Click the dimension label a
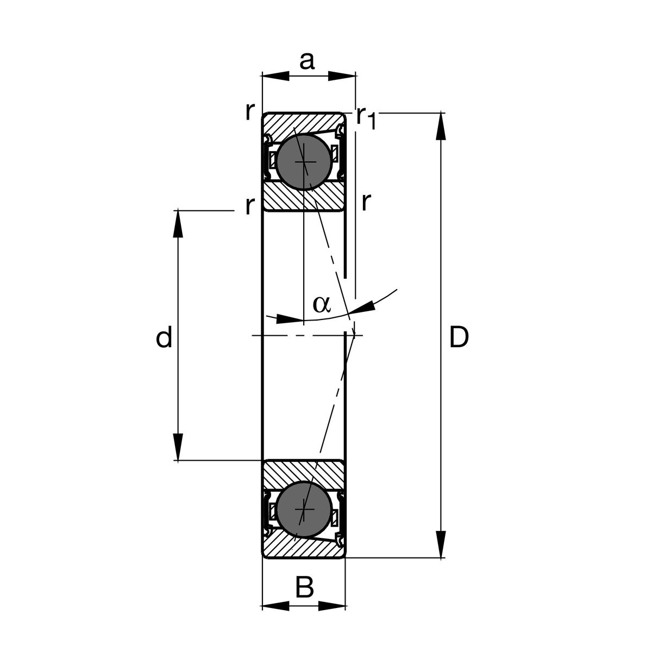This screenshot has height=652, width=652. point(307,61)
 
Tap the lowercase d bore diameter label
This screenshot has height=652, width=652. point(164,338)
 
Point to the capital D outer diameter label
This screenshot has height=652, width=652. point(459,338)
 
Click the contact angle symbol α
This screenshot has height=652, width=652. point(321,304)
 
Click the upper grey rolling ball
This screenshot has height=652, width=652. point(303,162)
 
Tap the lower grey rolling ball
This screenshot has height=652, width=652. point(303,510)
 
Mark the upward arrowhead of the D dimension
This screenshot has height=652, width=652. point(441,127)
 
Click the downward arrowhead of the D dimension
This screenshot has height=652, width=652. point(441,543)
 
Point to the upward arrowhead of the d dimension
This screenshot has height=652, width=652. point(178,224)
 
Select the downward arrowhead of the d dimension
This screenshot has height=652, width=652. point(178,447)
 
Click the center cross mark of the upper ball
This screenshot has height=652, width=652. point(305,162)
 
